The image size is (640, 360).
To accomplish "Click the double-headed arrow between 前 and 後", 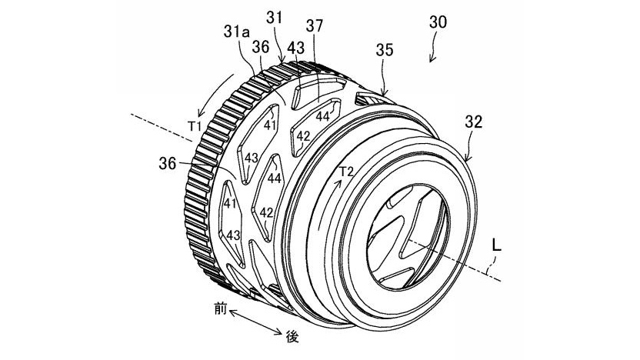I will [255, 322].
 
